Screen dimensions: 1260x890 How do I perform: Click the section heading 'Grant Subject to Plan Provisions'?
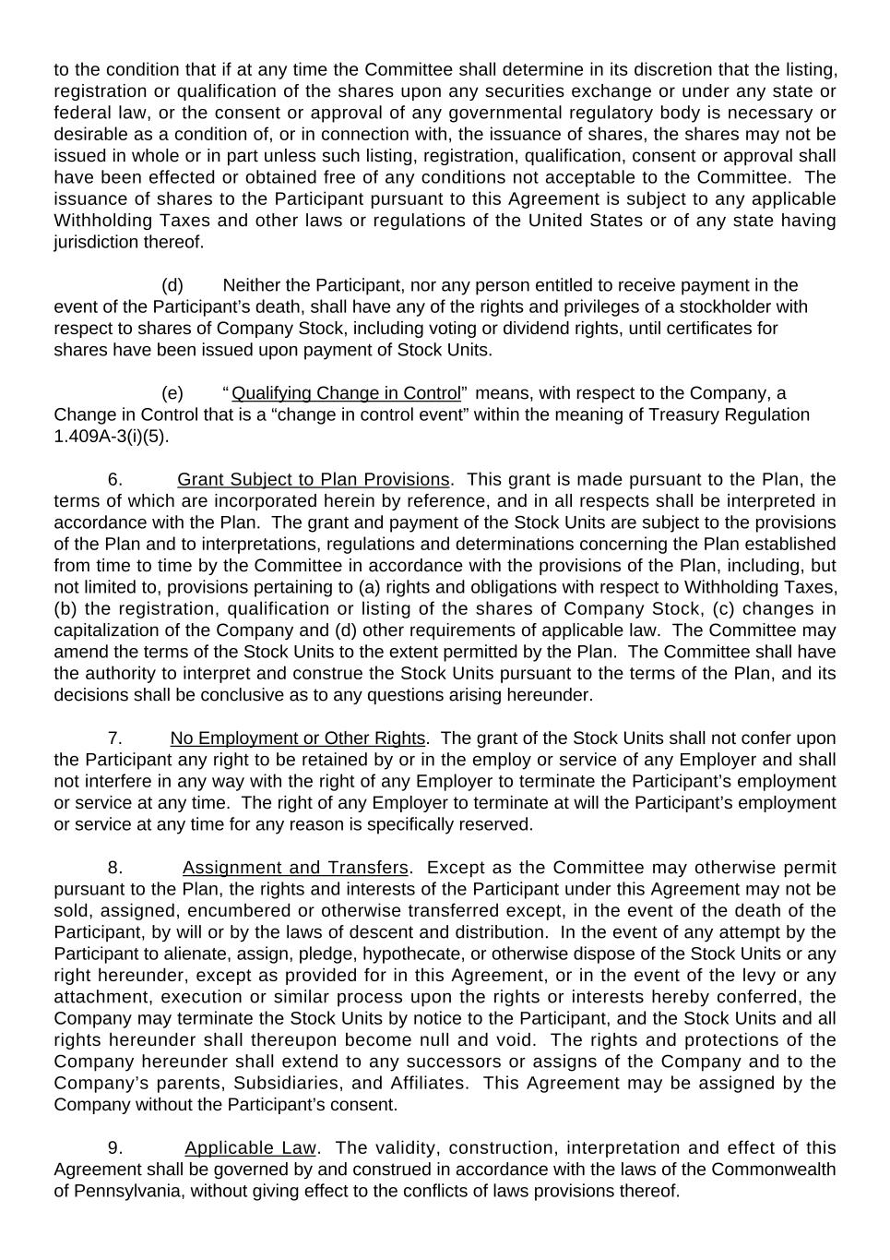313,480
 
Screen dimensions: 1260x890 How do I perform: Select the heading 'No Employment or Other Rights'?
297,738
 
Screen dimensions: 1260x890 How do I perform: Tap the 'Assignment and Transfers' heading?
295,868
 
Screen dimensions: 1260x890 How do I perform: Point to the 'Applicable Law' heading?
250,1148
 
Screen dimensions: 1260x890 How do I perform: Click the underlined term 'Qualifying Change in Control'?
346,393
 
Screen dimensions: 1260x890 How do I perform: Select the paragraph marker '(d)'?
172,285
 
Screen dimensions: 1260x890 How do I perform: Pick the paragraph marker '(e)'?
172,393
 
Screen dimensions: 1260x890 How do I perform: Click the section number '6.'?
115,480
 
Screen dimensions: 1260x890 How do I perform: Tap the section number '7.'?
115,738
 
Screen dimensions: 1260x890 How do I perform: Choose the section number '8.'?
115,868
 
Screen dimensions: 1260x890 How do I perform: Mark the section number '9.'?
115,1148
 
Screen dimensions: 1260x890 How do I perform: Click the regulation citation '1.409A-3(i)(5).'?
112,437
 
